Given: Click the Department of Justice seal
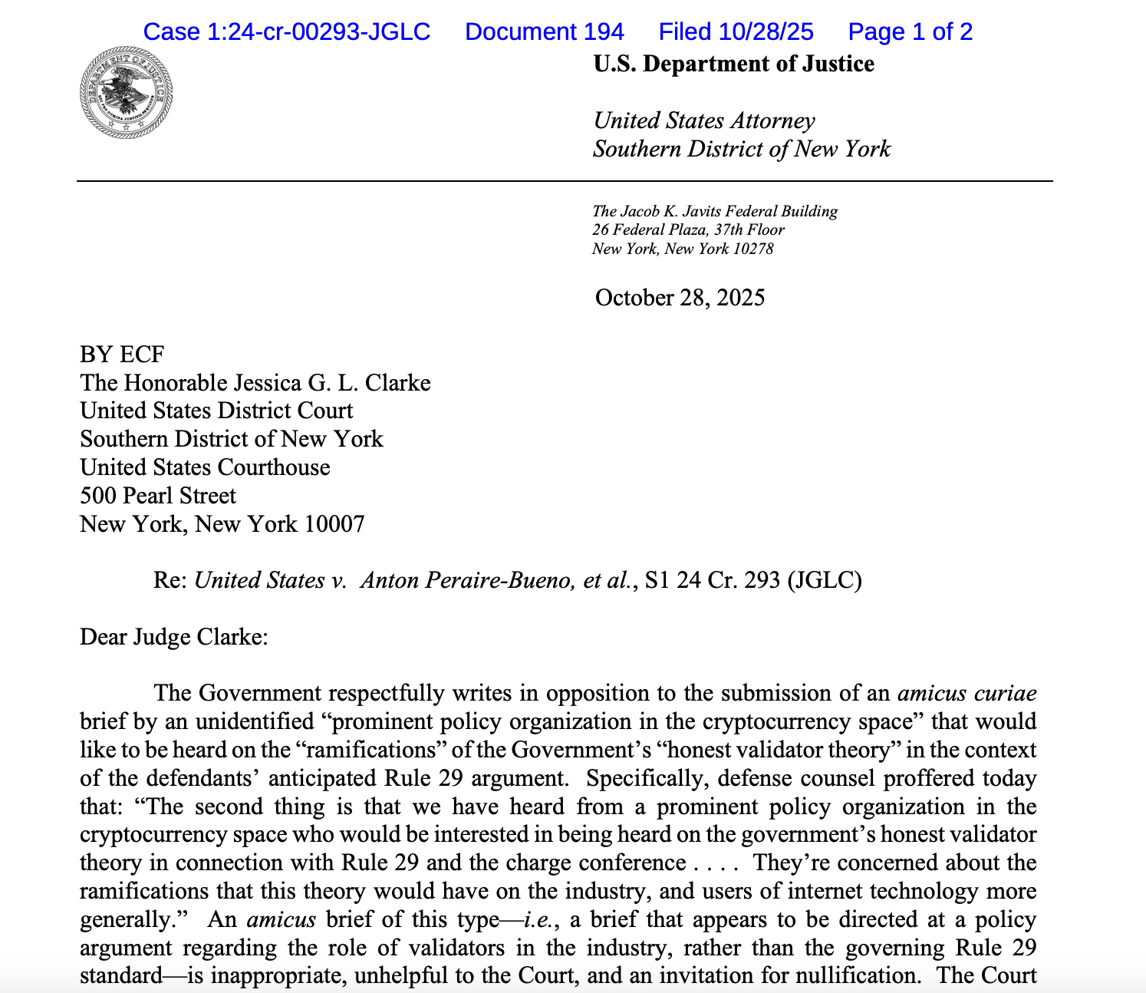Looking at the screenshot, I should tap(126, 92).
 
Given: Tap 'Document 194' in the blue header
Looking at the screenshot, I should tap(544, 31).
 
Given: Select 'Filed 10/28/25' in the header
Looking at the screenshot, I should tap(736, 31).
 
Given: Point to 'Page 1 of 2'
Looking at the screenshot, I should tap(910, 31).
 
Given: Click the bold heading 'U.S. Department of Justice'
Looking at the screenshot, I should tap(733, 64).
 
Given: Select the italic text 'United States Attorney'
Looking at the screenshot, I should tap(703, 120).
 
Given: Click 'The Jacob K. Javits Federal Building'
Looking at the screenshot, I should tap(714, 211).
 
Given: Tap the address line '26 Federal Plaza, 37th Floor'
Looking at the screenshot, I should tap(688, 229).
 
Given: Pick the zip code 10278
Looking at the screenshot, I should tap(751, 249).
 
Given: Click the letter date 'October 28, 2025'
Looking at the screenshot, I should tap(680, 298).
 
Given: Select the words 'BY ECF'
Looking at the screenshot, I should tap(122, 355).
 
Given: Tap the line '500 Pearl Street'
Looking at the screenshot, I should tap(158, 496).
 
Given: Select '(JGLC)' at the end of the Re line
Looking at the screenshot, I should tap(824, 580).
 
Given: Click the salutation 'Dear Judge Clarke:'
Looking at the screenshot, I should tap(174, 637).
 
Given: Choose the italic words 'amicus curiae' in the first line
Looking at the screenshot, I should tap(967, 694).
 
